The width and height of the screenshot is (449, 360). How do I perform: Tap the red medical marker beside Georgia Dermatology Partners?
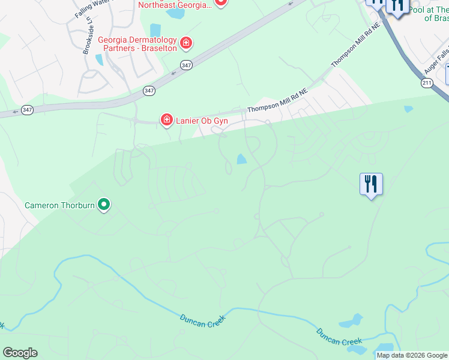187,43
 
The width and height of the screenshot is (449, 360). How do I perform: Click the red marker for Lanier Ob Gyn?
166,121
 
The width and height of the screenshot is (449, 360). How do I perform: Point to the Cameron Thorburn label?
59,205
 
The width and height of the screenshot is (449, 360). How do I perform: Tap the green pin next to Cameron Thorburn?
104,205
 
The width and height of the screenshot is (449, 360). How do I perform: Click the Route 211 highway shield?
427,83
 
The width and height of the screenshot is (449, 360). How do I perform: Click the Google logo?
20,353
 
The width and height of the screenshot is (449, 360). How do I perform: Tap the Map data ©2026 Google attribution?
412,356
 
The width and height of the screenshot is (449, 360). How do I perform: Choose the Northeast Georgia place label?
175,5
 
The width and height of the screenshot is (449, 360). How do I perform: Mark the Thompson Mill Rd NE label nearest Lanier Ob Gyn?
278,100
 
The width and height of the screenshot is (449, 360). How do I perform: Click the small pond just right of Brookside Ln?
99,59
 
